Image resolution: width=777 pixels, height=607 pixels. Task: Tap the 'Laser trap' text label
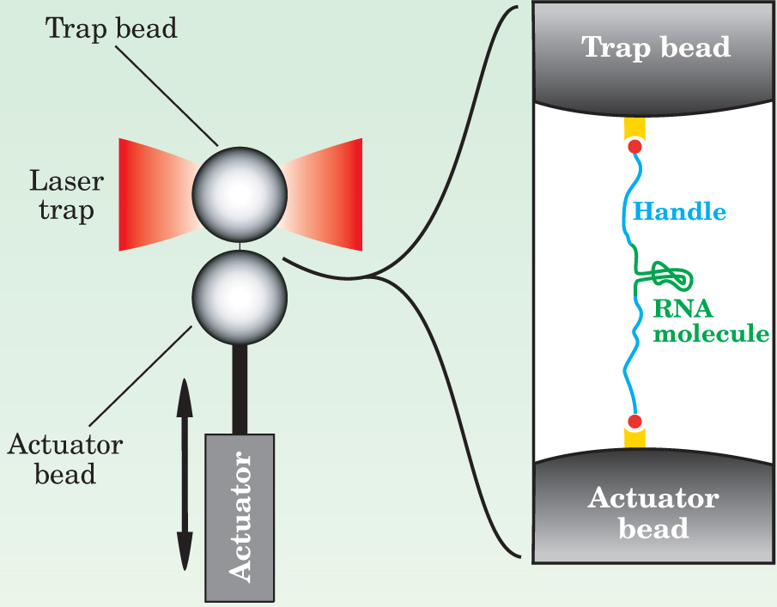click(66, 195)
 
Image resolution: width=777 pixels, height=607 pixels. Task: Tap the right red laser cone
click(325, 194)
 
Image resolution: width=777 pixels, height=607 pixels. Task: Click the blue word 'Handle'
click(679, 211)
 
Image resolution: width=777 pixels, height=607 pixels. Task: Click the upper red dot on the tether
click(635, 147)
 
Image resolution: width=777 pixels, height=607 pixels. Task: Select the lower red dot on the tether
click(635, 422)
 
